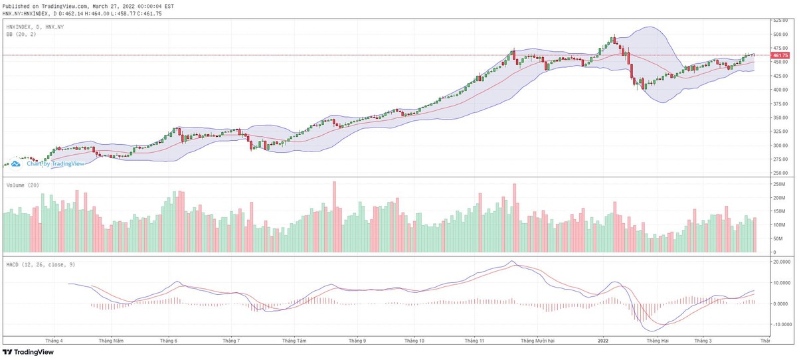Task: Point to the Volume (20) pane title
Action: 23,185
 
